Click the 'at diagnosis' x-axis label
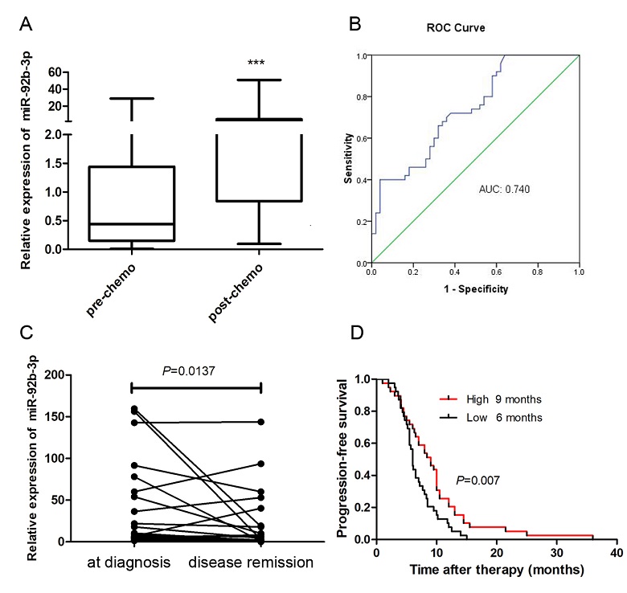pyautogui.click(x=130, y=562)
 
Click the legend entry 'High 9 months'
pyautogui.click(x=490, y=398)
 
